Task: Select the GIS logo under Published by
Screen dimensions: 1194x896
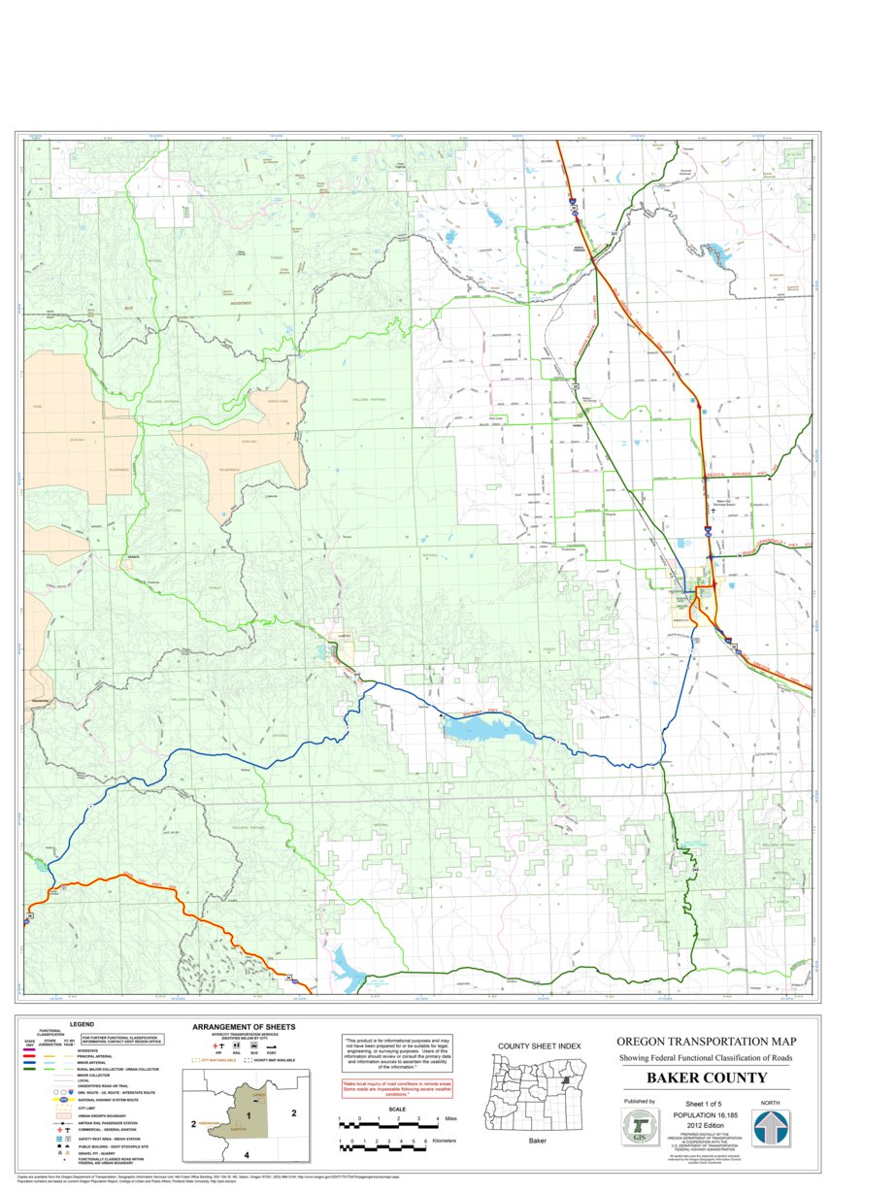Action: tap(639, 1128)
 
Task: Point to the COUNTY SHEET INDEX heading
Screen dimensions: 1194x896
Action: tap(539, 1045)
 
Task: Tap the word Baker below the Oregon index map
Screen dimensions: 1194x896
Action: tap(538, 1141)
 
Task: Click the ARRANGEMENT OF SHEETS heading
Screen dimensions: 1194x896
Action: tap(244, 1027)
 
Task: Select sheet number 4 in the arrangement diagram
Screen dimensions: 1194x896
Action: tap(247, 1154)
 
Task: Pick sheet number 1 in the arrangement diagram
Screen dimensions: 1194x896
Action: tap(249, 1115)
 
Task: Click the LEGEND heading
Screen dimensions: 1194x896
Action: tap(82, 1023)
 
